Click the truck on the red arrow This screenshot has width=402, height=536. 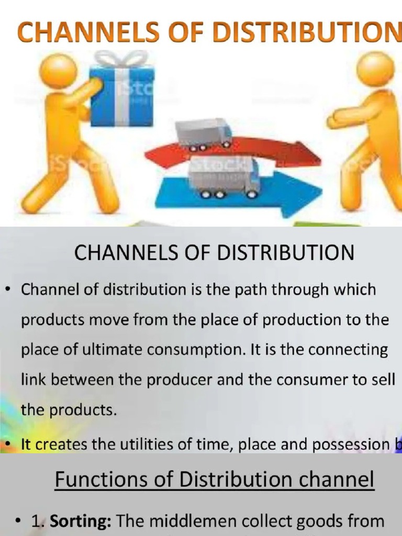coord(204,133)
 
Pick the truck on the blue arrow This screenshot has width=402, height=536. coord(224,178)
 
